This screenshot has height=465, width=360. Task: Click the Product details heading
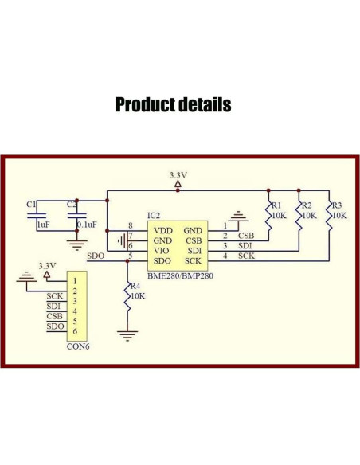(174, 104)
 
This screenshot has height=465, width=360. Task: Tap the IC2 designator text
(154, 215)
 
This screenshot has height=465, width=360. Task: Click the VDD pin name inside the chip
(162, 229)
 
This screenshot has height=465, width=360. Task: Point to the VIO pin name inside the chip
(162, 250)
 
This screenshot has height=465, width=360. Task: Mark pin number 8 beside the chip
(131, 226)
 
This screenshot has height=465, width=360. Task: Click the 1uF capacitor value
(43, 225)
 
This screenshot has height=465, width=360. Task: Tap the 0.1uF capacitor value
(88, 225)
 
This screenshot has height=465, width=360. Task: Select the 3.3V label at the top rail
(178, 174)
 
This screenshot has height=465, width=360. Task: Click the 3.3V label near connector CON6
(47, 265)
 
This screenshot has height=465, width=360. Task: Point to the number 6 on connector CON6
(74, 330)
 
